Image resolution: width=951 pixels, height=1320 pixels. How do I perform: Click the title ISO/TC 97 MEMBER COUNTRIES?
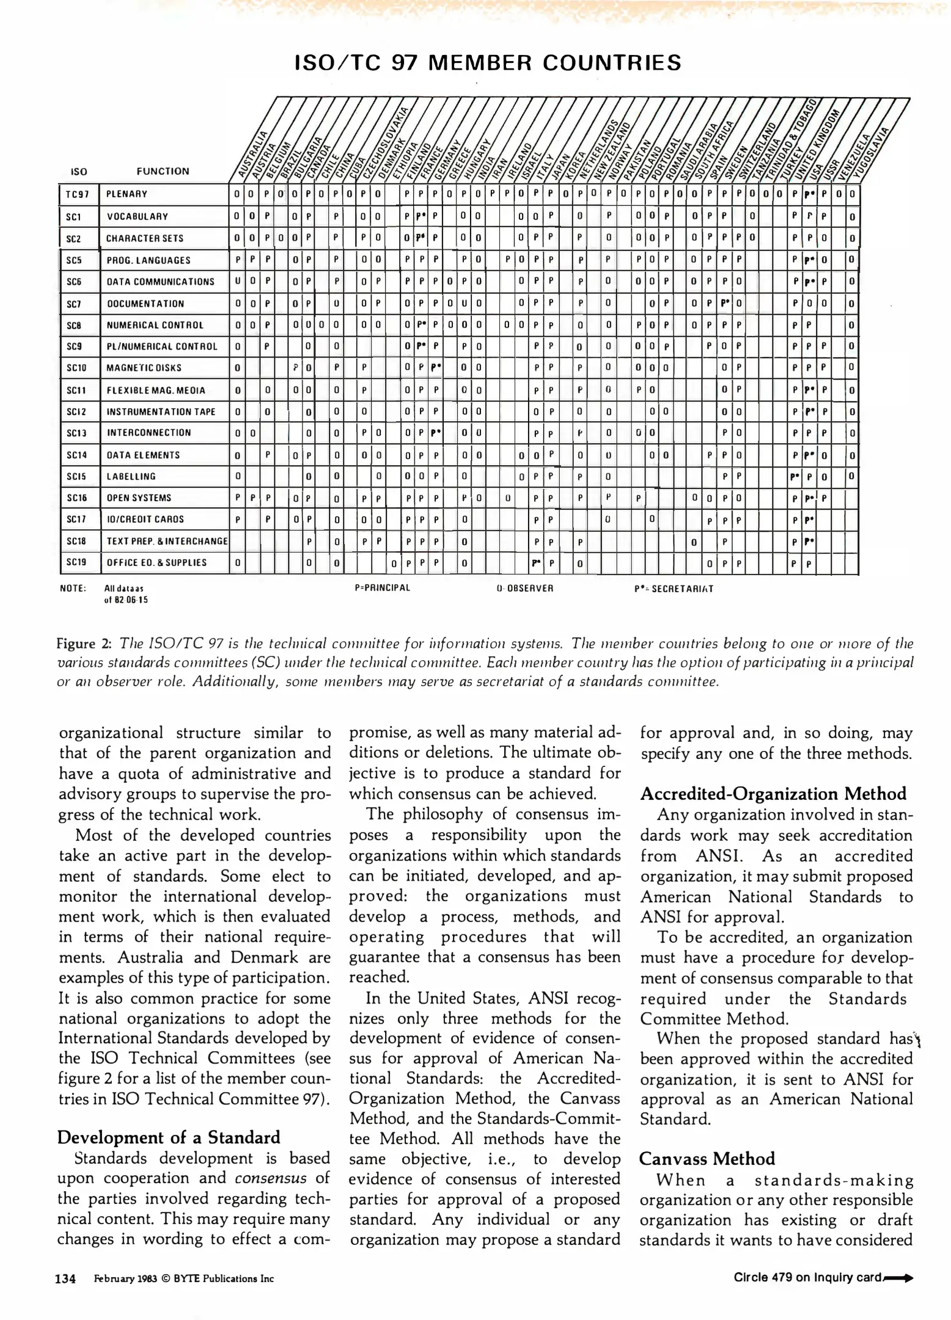(487, 63)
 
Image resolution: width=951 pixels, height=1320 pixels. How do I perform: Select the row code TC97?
(78, 194)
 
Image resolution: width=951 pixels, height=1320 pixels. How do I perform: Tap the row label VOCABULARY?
(138, 216)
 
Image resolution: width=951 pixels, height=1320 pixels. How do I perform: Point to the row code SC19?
(76, 562)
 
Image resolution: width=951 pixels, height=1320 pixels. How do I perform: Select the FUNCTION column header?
(163, 171)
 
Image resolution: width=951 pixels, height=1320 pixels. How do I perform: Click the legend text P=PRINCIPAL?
(382, 588)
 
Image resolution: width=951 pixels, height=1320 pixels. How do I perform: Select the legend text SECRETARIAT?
(681, 588)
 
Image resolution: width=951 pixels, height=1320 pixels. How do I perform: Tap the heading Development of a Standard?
(169, 1137)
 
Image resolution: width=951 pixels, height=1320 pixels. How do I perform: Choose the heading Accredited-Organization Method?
(773, 794)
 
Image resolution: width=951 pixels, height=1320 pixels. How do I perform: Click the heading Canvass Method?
(707, 1159)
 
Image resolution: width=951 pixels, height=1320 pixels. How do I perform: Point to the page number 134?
(65, 1278)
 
